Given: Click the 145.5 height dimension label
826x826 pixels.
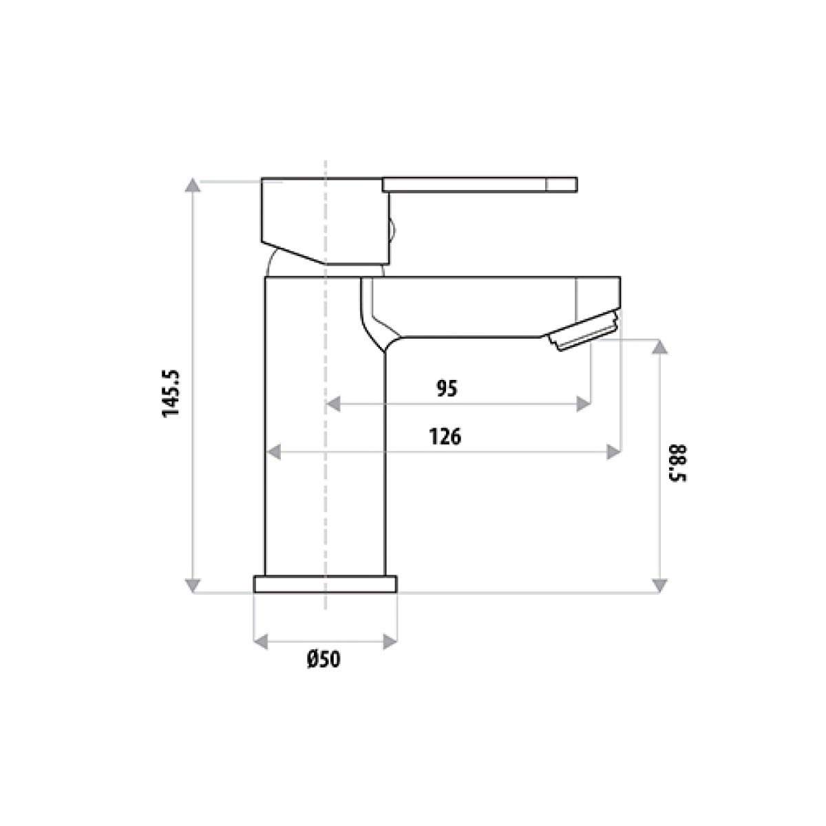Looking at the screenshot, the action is pyautogui.click(x=171, y=393).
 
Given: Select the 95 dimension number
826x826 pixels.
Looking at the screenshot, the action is pyautogui.click(x=447, y=388).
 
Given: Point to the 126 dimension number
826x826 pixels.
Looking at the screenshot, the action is pyautogui.click(x=445, y=437).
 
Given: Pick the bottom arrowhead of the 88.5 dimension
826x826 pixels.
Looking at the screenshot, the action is pyautogui.click(x=659, y=585).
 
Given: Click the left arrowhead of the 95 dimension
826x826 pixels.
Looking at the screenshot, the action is pyautogui.click(x=333, y=404).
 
